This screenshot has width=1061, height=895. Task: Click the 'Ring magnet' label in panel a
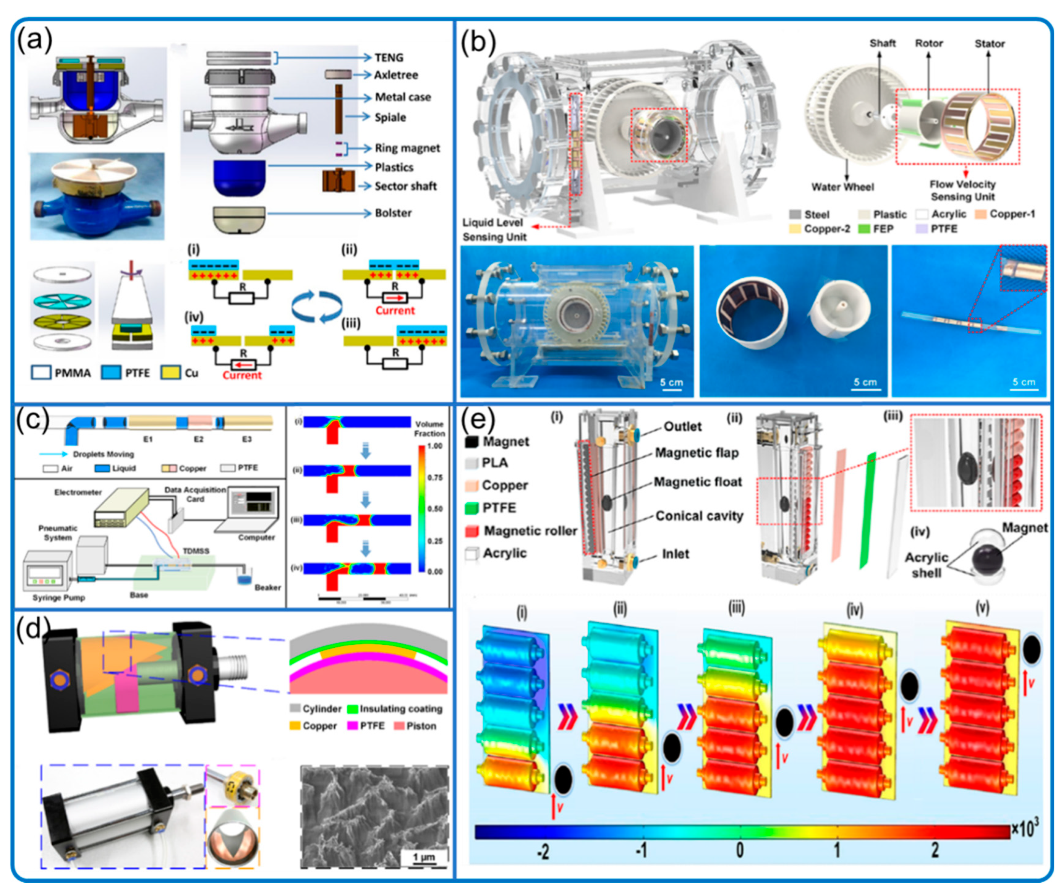click(407, 148)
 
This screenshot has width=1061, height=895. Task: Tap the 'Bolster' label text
click(393, 213)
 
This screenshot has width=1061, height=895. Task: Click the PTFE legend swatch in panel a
click(111, 373)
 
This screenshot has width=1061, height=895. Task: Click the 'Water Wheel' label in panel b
click(842, 187)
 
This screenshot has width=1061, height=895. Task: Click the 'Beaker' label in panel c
click(267, 587)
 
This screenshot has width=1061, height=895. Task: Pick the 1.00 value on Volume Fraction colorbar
click(434, 446)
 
